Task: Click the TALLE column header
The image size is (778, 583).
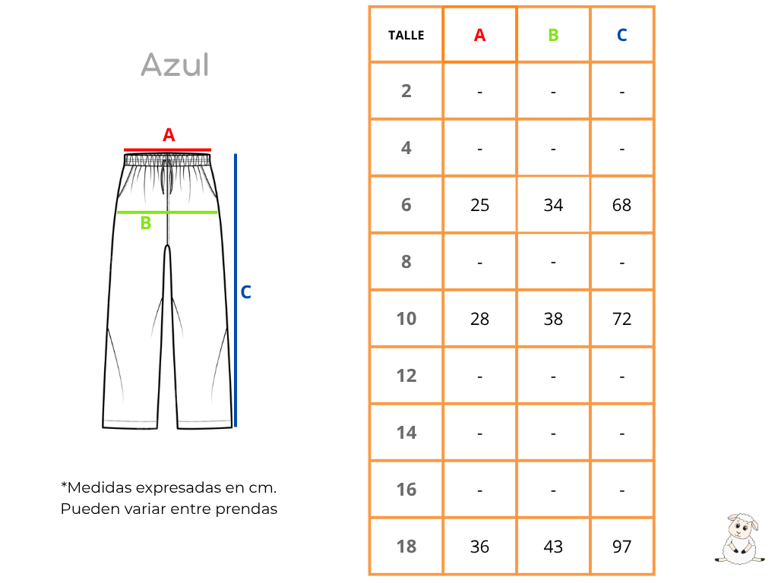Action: coord(406,35)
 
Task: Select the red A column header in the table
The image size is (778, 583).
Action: coord(479,35)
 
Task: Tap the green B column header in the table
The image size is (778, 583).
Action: coord(553,35)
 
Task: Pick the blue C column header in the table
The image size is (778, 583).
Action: coord(621,35)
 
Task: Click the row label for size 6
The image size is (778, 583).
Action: coord(406,205)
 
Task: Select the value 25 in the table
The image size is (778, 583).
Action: coord(480,205)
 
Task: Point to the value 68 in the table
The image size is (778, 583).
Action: coord(621,205)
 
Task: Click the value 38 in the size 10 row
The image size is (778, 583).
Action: coord(553,319)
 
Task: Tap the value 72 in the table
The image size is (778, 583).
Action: coord(621,319)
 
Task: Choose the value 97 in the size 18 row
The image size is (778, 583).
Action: coord(621,547)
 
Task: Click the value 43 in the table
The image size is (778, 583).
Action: coord(553,547)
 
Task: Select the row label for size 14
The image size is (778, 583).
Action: coord(406,433)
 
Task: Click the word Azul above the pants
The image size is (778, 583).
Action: coord(175,65)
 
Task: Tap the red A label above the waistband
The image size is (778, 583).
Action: coord(169,135)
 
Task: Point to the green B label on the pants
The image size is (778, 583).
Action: coord(145,223)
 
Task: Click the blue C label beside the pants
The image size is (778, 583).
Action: coord(245,292)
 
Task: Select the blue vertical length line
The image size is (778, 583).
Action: coord(236,290)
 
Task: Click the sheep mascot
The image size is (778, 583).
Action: coord(739,539)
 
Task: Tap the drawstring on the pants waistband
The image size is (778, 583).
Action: coord(166,175)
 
